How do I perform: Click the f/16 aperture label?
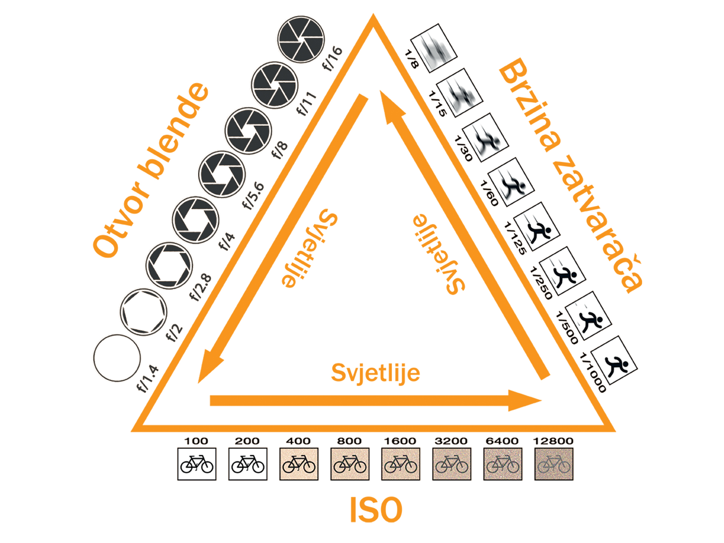click(x=332, y=58)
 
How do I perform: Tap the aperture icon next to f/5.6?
click(x=222, y=174)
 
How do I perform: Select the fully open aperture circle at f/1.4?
click(x=117, y=358)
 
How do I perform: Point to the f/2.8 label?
click(x=201, y=287)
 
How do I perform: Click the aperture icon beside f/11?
click(x=275, y=85)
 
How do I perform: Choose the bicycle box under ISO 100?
click(x=197, y=464)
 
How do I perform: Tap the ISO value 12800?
click(x=553, y=441)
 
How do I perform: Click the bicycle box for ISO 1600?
click(x=400, y=464)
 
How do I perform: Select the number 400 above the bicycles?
click(x=298, y=441)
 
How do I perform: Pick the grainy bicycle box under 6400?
click(x=503, y=464)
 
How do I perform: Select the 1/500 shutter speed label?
click(x=567, y=327)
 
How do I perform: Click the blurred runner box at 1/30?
click(x=485, y=137)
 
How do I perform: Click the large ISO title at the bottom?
click(x=376, y=509)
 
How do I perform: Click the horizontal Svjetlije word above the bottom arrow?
click(x=376, y=373)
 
